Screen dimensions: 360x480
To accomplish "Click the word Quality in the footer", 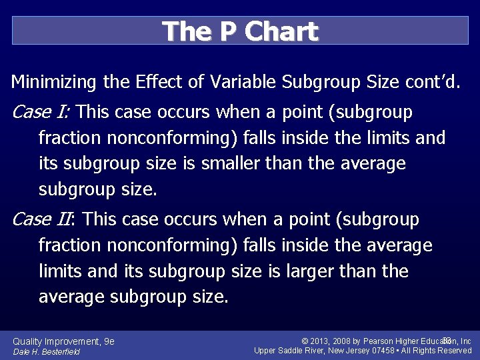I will [27, 341].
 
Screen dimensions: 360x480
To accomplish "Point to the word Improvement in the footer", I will [72, 341].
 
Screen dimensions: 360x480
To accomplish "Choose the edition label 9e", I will [109, 341].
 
